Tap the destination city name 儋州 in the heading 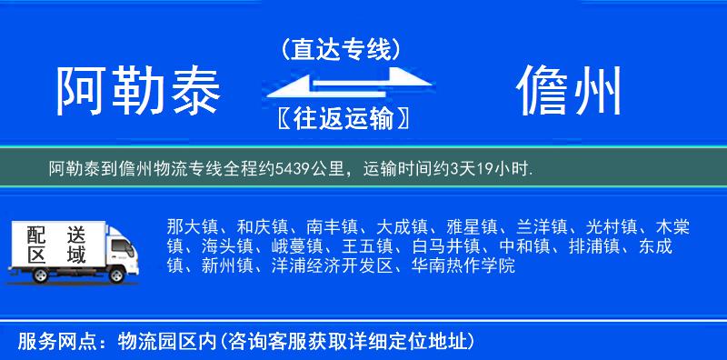pyautogui.click(x=570, y=92)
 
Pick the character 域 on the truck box pyautogui.click(x=76, y=255)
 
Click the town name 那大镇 pyautogui.click(x=192, y=225)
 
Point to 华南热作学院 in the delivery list pyautogui.click(x=462, y=266)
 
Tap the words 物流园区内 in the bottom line pyautogui.click(x=161, y=342)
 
